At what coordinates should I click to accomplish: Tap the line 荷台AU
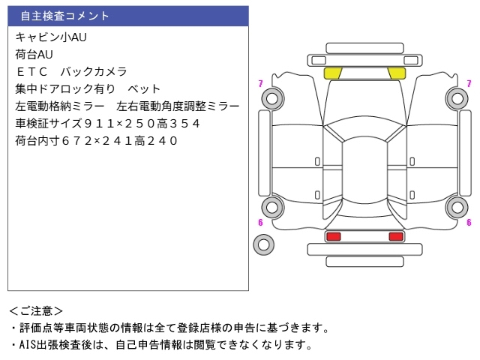(34, 54)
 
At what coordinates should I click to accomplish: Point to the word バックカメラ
(93, 71)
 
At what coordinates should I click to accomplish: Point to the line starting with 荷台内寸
(97, 140)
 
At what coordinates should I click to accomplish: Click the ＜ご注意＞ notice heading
(37, 310)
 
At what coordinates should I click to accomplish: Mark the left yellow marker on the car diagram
(333, 73)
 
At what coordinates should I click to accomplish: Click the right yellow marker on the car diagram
(397, 73)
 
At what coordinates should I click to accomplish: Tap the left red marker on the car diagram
(333, 236)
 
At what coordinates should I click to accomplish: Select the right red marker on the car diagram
(395, 236)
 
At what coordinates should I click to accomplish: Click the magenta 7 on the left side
(260, 84)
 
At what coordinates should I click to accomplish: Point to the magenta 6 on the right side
(469, 222)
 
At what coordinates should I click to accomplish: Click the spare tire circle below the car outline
(263, 243)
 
